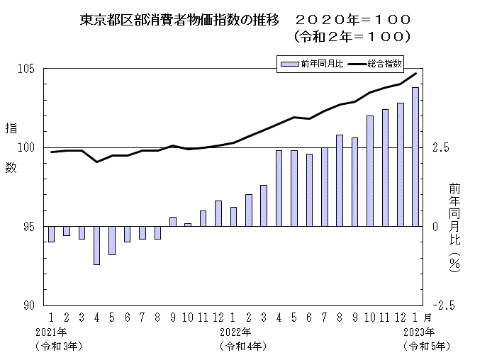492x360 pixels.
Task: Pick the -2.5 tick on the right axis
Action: tap(442, 305)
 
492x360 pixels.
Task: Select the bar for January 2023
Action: tap(415, 157)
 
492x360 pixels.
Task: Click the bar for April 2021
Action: tap(96, 245)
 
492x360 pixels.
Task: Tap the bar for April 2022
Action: tap(279, 189)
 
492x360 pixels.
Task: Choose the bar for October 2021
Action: tap(188, 225)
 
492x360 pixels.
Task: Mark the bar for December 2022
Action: tap(401, 164)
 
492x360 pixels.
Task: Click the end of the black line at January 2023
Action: tap(415, 73)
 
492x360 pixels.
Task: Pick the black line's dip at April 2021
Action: tap(96, 162)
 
